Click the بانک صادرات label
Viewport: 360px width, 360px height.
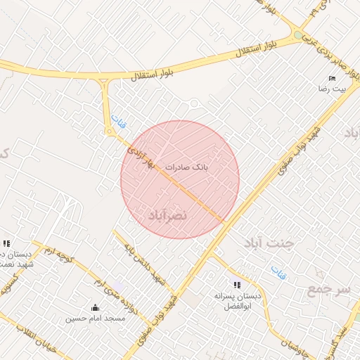click(188, 167)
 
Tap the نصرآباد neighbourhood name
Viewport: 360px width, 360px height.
click(167, 215)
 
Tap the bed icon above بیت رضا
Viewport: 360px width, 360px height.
click(333, 78)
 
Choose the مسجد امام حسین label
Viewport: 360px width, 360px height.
click(96, 319)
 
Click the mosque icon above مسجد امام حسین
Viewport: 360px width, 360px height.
click(96, 307)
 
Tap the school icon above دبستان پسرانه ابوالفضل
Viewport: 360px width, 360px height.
click(238, 285)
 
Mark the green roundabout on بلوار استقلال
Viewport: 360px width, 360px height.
click(300, 35)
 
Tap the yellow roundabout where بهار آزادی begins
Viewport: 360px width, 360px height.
click(110, 131)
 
